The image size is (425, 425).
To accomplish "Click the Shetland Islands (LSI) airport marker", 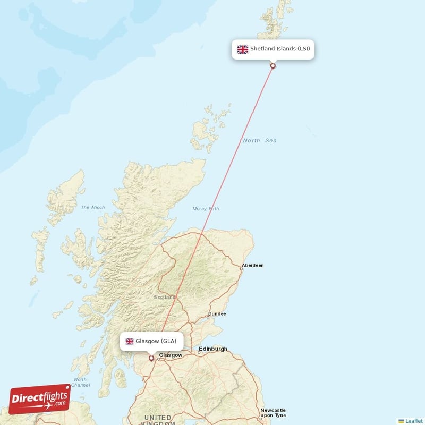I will pyautogui.click(x=273, y=66).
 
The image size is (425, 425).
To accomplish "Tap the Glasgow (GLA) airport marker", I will pyautogui.click(x=151, y=358).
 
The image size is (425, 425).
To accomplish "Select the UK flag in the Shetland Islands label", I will pyautogui.click(x=243, y=49).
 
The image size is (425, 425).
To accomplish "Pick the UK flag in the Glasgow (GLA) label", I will pyautogui.click(x=129, y=341).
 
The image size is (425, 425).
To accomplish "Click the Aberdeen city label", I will pyautogui.click(x=252, y=265).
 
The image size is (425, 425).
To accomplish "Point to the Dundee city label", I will pyautogui.click(x=217, y=313).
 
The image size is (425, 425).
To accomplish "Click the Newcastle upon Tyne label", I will pyautogui.click(x=273, y=413).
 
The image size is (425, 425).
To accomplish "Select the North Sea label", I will pyautogui.click(x=260, y=140).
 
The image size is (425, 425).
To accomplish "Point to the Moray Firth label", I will pyautogui.click(x=206, y=209).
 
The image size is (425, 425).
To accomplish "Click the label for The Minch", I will pyautogui.click(x=93, y=207).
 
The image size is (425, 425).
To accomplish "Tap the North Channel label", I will pyautogui.click(x=80, y=382).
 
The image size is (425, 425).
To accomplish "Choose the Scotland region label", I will pyautogui.click(x=165, y=297).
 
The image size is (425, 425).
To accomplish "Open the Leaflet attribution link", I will pyautogui.click(x=413, y=420).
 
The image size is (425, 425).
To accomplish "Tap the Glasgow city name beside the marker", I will pyautogui.click(x=171, y=355).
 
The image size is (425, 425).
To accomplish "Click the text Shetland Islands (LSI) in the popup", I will pyautogui.click(x=280, y=49).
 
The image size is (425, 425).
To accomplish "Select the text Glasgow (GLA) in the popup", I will pyautogui.click(x=156, y=341).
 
